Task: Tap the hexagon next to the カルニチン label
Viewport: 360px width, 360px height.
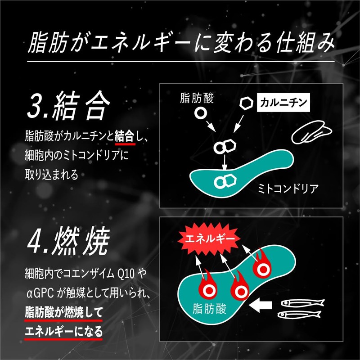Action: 245,103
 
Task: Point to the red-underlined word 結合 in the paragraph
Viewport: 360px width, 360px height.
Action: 125,135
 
